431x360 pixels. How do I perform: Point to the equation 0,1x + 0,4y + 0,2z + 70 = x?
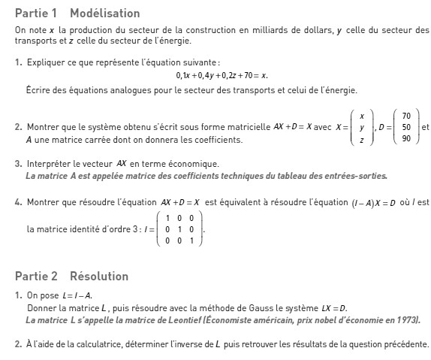click(222, 76)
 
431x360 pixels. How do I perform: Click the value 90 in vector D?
click(406, 138)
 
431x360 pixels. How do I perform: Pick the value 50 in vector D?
click(406, 127)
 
